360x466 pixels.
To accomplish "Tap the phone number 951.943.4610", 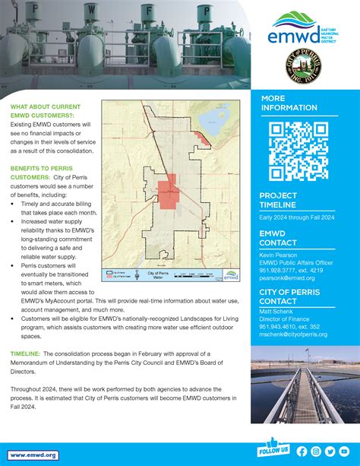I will click(x=276, y=328).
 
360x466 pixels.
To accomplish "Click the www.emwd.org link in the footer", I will click(x=34, y=455).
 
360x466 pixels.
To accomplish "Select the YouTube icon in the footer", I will click(x=344, y=451).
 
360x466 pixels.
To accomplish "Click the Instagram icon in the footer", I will click(x=316, y=451).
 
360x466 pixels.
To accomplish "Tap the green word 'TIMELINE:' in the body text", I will click(x=26, y=354).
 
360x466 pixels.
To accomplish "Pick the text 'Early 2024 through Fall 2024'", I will click(x=297, y=217).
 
